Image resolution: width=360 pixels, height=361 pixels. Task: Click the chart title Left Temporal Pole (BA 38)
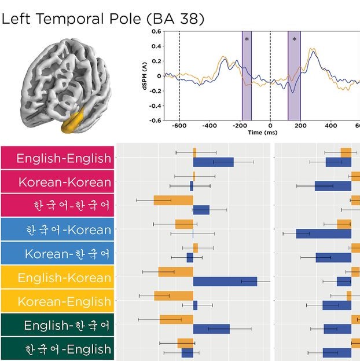(103, 19)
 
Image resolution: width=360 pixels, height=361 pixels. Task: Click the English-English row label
(56, 158)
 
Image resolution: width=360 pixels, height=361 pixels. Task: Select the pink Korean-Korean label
(56, 182)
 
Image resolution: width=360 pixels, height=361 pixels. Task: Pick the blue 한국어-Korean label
(56, 230)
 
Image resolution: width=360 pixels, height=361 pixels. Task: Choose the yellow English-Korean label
(56, 278)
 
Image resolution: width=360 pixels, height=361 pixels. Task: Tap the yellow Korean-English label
(56, 301)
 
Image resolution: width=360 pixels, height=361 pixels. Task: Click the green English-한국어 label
(56, 326)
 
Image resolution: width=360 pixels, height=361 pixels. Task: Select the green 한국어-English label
(56, 349)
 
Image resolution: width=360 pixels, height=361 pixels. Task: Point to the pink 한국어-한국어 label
(56, 206)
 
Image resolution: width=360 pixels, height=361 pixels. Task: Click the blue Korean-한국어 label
(56, 254)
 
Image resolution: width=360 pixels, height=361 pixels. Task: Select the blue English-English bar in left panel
(213, 162)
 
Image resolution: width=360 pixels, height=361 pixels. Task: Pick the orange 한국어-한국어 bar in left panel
(173, 200)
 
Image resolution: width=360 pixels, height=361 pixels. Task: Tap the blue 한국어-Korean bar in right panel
(324, 234)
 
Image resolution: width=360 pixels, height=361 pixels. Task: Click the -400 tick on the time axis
(209, 125)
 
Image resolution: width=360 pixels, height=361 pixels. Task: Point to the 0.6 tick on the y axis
(156, 31)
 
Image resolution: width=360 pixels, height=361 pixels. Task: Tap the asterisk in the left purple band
(247, 39)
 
